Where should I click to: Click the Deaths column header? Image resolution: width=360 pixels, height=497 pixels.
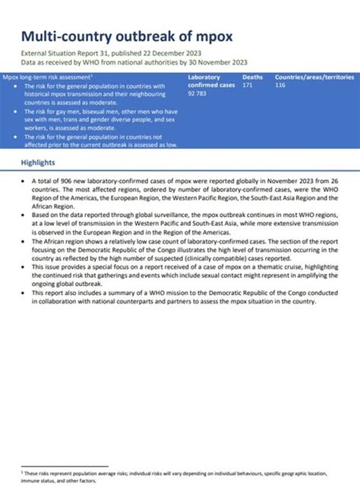[x=254, y=77]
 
